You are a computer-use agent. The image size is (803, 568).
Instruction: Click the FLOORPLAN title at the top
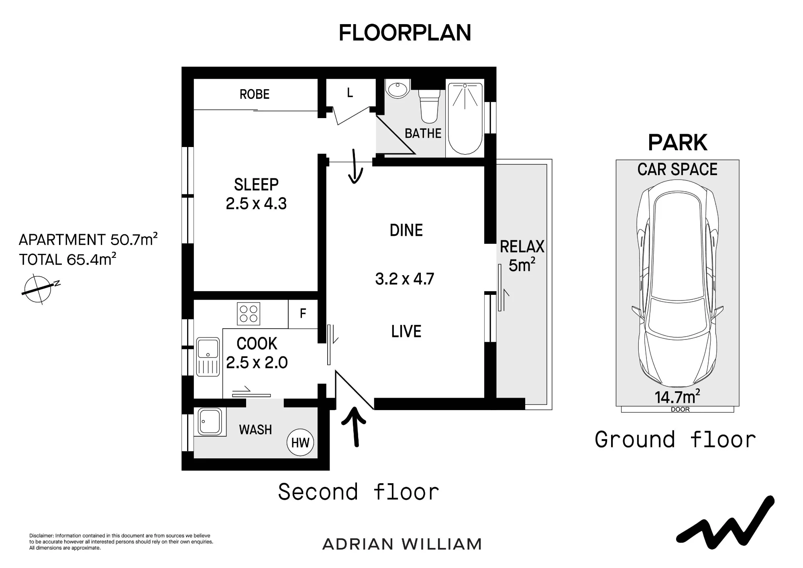(405, 33)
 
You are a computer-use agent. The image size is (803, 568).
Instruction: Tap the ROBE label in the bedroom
(255, 94)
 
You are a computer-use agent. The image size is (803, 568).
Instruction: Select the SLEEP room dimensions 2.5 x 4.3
(256, 204)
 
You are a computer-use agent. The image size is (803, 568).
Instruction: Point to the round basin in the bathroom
(397, 88)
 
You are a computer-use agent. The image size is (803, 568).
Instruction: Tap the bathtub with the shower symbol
(465, 119)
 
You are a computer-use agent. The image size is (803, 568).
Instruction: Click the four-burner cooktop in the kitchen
(249, 314)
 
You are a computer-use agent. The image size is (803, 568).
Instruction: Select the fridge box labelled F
(303, 314)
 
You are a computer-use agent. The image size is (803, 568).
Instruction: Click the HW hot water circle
(300, 443)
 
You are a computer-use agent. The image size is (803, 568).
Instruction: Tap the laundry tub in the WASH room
(210, 421)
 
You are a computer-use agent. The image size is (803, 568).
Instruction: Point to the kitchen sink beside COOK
(208, 357)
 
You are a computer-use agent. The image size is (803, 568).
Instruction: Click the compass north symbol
(38, 288)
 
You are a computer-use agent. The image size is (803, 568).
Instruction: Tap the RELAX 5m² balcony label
(522, 256)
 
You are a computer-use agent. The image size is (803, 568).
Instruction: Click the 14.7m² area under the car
(677, 397)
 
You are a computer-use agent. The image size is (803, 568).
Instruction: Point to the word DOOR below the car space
(680, 409)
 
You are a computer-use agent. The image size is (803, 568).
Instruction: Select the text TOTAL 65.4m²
(67, 259)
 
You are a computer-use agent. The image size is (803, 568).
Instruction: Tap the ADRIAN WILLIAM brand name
(402, 544)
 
